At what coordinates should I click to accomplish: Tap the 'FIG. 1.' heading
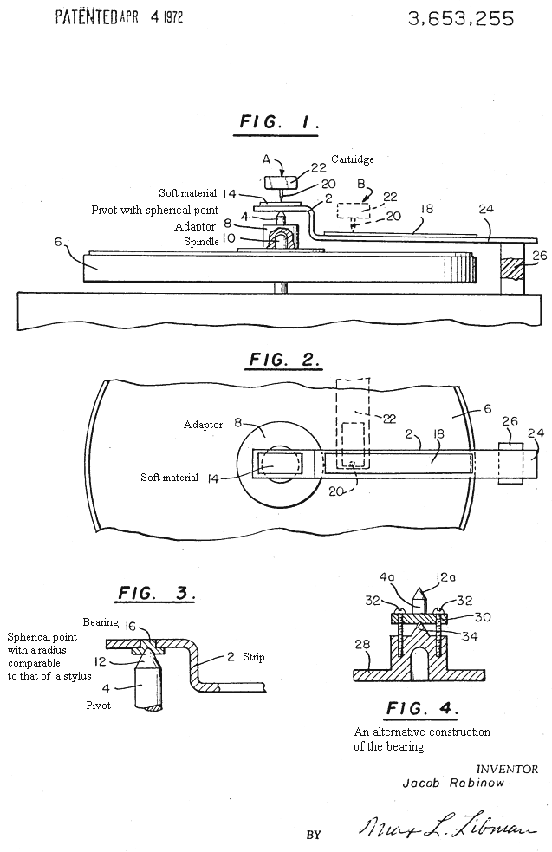tap(280, 122)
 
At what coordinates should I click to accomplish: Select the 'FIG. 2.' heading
tap(284, 360)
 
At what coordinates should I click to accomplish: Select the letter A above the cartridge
tap(267, 159)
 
